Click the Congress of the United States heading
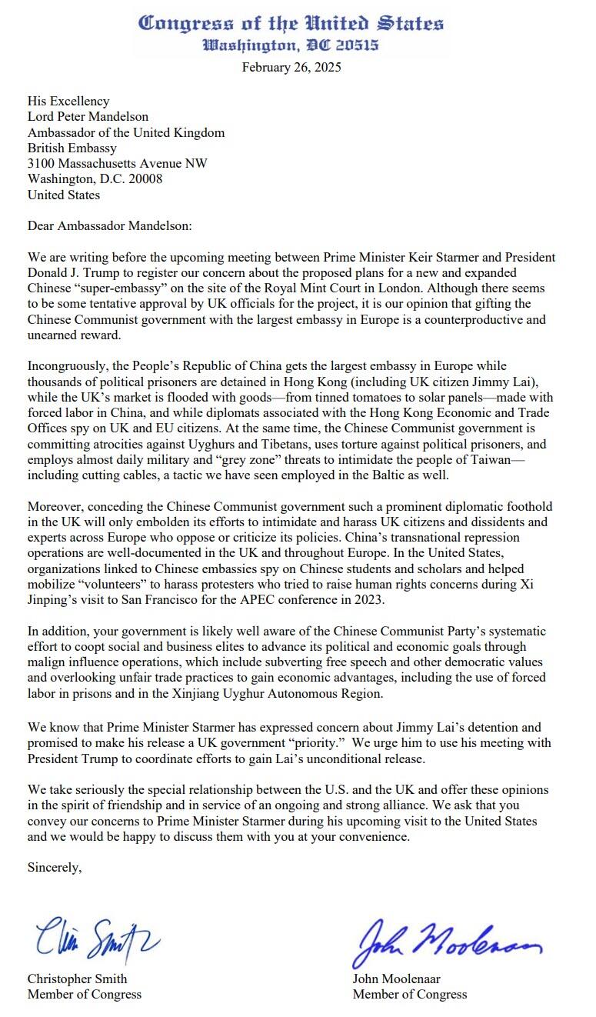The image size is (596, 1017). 291,24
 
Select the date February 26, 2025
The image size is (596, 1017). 291,67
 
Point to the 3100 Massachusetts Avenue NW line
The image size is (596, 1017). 117,163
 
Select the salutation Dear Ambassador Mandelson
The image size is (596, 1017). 109,226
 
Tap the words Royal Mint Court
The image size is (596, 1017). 298,288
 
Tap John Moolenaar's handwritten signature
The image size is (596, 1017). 447,939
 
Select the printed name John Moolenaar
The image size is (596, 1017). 396,979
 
